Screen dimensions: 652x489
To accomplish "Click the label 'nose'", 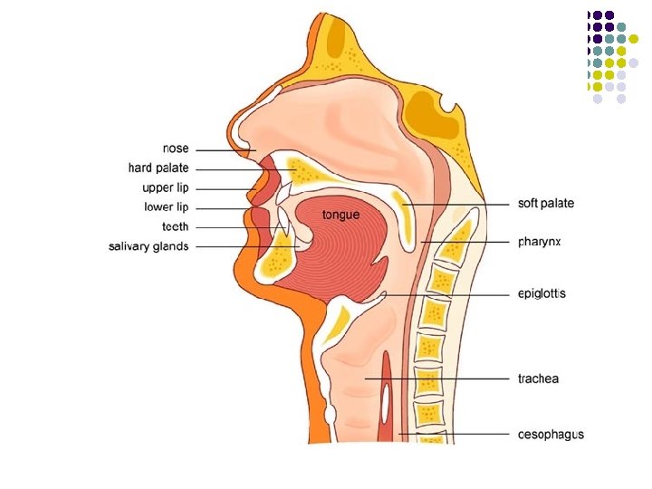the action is pyautogui.click(x=176, y=149).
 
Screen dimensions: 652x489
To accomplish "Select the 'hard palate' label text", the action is pyautogui.click(x=158, y=168).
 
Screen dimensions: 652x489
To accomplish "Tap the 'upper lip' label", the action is pyautogui.click(x=166, y=188).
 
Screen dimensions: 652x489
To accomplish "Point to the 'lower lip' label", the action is pyautogui.click(x=167, y=207).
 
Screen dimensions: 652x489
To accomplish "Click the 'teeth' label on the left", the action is pyautogui.click(x=176, y=226).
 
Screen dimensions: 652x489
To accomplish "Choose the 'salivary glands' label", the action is pyautogui.click(x=149, y=246).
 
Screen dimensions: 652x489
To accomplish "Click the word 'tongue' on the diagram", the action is pyautogui.click(x=341, y=215).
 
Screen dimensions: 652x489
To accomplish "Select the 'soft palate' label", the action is pyautogui.click(x=545, y=204).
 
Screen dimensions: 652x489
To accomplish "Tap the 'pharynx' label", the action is pyautogui.click(x=540, y=242).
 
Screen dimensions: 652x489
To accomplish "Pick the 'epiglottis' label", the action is pyautogui.click(x=542, y=294).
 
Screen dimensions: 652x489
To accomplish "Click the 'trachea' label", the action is pyautogui.click(x=538, y=379).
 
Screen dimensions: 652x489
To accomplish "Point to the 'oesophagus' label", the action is pyautogui.click(x=551, y=435).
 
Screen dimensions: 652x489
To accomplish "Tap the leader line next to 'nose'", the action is pyautogui.click(x=222, y=149).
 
